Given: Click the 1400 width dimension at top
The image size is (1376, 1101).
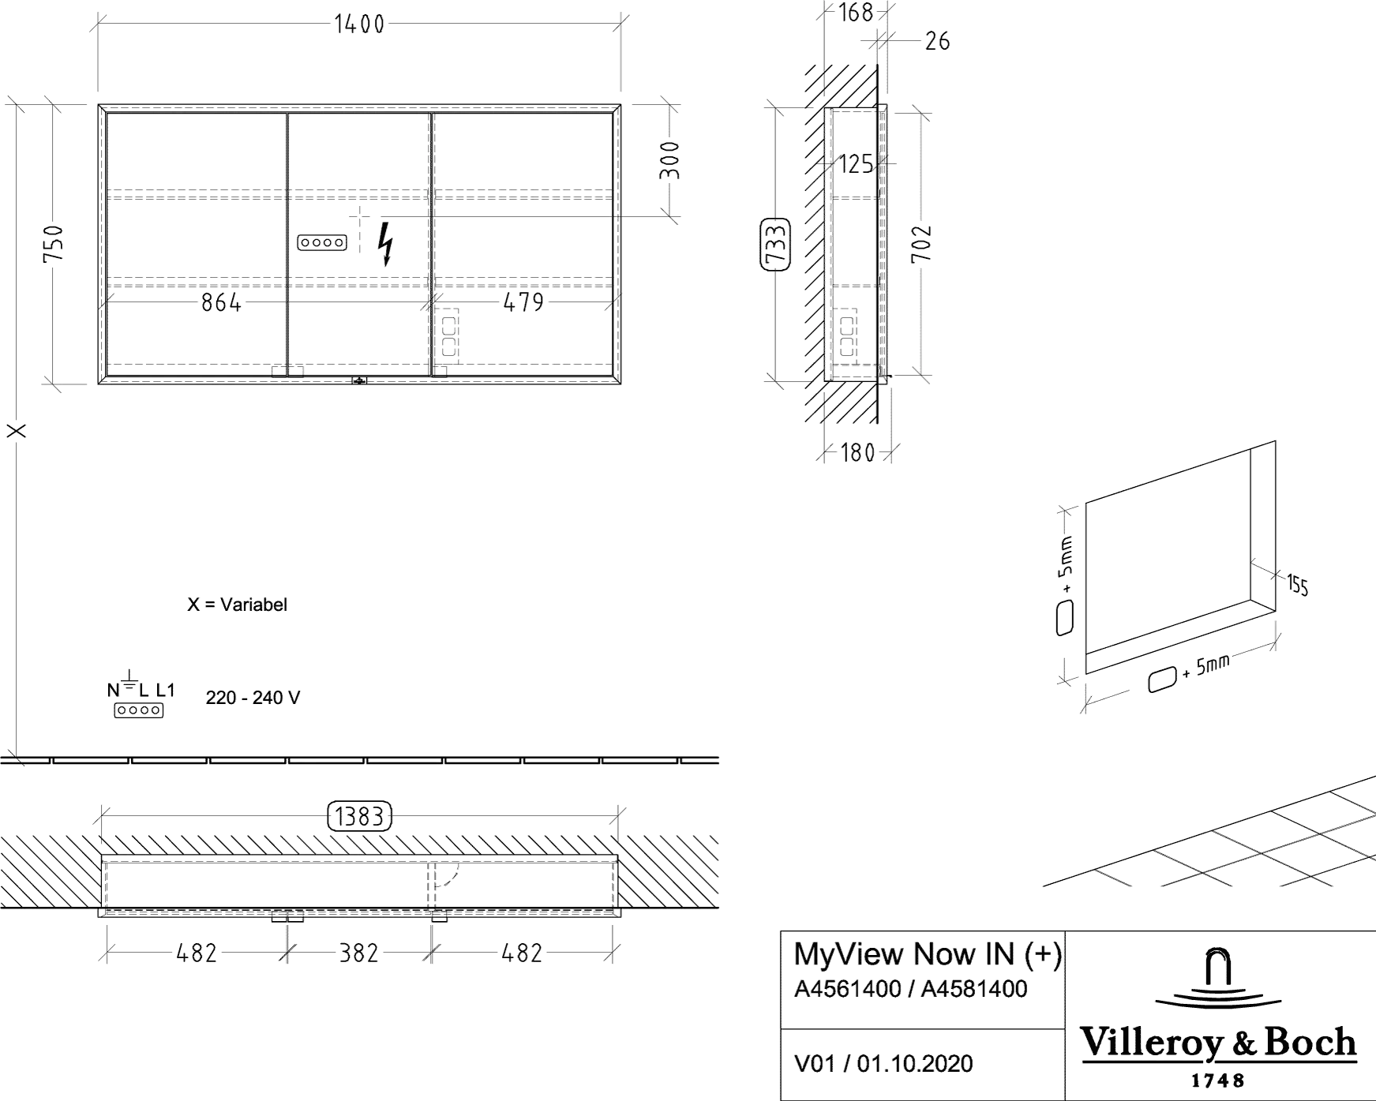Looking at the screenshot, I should point(359,25).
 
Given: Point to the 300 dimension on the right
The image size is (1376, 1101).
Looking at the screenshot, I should point(670,161).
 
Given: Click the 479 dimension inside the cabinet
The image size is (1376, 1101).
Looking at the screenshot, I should point(523,301).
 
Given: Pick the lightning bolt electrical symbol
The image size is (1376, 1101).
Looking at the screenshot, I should point(386,244).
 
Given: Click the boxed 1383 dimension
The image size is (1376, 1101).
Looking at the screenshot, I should point(359,816).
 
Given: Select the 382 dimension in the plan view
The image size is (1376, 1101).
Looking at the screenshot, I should point(359,953).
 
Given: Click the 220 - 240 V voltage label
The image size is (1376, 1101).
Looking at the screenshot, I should point(253,698).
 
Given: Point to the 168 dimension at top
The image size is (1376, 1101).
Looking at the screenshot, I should point(856,13).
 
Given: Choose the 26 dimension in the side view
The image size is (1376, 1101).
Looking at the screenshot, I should point(937,39).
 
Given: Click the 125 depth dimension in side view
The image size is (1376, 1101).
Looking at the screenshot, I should point(856,164).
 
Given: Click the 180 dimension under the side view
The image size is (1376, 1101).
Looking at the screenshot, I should point(857,453).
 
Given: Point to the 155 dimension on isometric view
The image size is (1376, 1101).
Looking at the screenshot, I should point(1297,586).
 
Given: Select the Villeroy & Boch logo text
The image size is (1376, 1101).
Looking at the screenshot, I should point(1218,1043).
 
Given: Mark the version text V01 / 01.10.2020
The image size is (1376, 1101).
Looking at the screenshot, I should point(883,1064).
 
